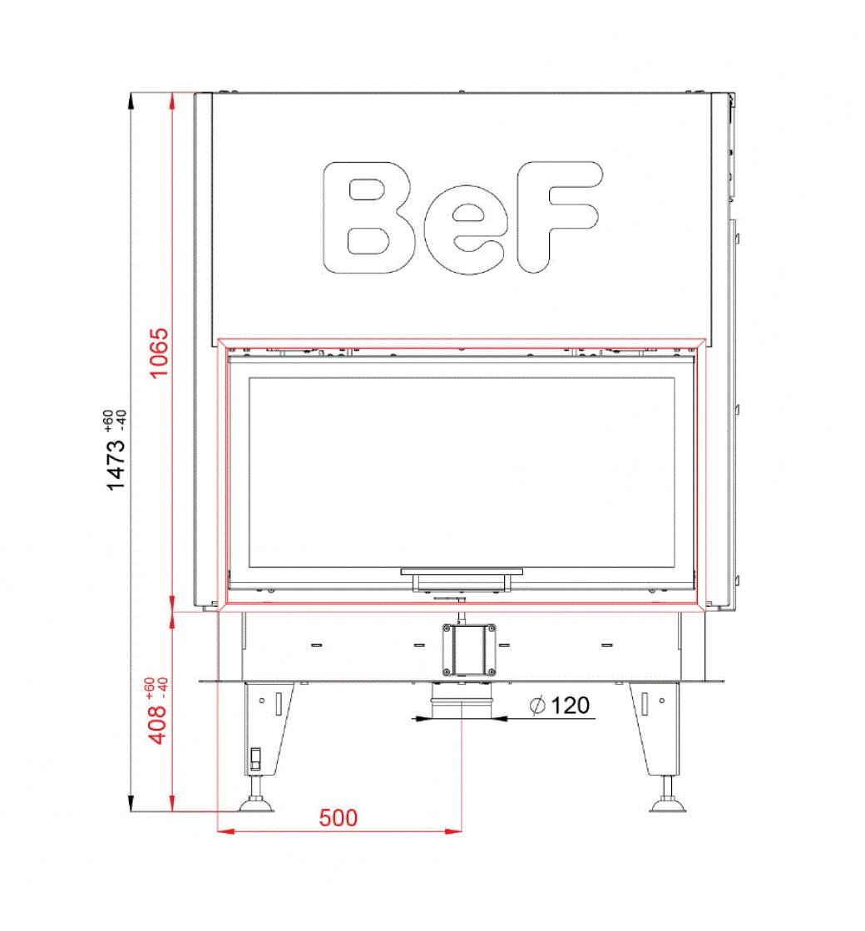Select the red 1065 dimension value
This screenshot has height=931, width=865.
(x=159, y=352)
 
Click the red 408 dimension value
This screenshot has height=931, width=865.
(x=158, y=724)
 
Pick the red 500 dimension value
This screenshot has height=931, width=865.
(x=338, y=818)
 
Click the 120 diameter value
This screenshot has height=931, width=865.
(x=571, y=706)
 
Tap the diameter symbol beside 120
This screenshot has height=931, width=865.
(x=537, y=706)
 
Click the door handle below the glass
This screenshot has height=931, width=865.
(x=462, y=580)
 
